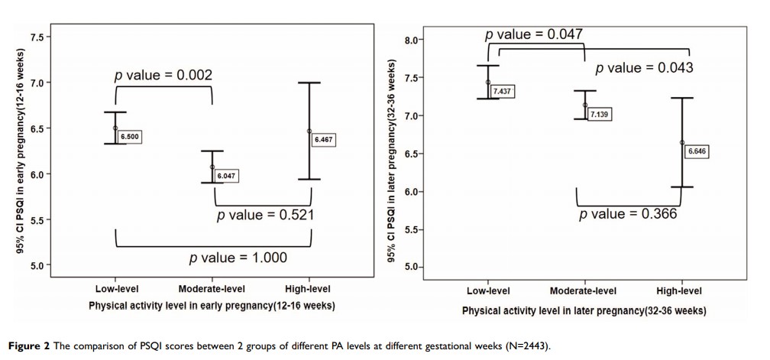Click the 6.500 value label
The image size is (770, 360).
[131, 136]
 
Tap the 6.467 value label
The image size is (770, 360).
[325, 140]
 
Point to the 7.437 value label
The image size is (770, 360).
[502, 91]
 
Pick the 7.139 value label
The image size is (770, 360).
[600, 114]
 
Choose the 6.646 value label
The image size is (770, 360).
[697, 151]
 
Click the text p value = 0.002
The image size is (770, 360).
[163, 75]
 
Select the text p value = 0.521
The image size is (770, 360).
[265, 216]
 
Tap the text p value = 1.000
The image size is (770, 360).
[238, 258]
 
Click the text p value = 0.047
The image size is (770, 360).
[533, 34]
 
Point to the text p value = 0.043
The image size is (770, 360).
[644, 68]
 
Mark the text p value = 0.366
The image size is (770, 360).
[628, 214]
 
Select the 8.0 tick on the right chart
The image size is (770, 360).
[413, 40]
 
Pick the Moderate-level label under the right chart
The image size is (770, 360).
[583, 291]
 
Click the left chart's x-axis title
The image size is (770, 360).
[212, 306]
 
